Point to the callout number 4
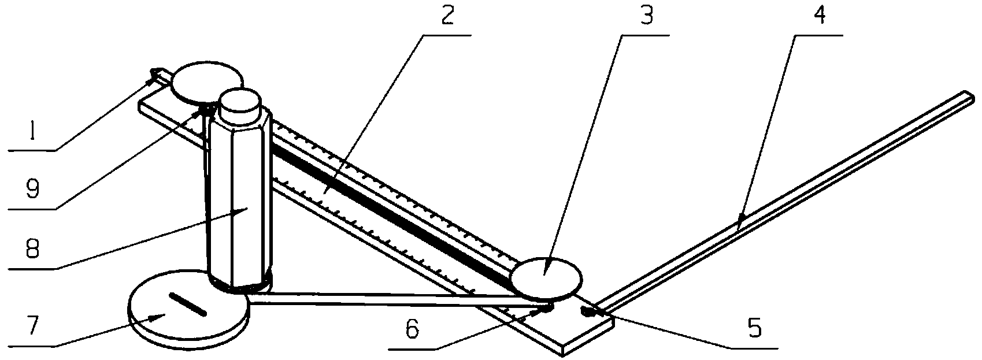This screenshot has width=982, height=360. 820,16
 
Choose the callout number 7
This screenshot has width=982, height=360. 33,326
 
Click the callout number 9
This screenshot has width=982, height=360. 32,190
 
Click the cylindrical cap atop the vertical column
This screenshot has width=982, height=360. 240,107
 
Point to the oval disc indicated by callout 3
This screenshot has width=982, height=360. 547,279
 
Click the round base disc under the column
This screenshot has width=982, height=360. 188,310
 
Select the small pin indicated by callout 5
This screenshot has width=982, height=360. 587,312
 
